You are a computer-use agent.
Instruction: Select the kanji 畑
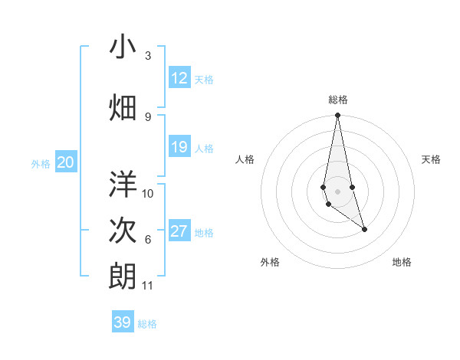[x=123, y=107]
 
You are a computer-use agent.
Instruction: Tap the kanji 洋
[x=123, y=184]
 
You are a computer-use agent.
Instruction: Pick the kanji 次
[x=123, y=230]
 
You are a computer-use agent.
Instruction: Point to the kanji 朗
[x=123, y=276]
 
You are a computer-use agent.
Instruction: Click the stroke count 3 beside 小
[x=148, y=56]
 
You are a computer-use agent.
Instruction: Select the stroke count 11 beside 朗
[x=148, y=286]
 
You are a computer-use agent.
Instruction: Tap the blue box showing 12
[x=179, y=78]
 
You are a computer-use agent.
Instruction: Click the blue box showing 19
[x=179, y=148]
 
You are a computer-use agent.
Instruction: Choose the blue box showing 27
[x=179, y=232]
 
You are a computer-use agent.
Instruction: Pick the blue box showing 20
[x=66, y=162]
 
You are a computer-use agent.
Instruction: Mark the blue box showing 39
[x=123, y=322]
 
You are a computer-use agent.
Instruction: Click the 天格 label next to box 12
[x=204, y=80]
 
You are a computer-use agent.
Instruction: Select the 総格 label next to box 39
[x=147, y=324]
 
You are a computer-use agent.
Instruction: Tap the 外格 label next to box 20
[x=41, y=163]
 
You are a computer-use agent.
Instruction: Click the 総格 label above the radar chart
[x=338, y=100]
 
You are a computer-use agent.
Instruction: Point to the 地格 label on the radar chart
[x=402, y=263]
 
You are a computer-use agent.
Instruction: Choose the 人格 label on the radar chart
[x=245, y=159]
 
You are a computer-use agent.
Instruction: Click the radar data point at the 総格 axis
[x=337, y=116]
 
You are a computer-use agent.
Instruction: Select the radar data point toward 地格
[x=364, y=229]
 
